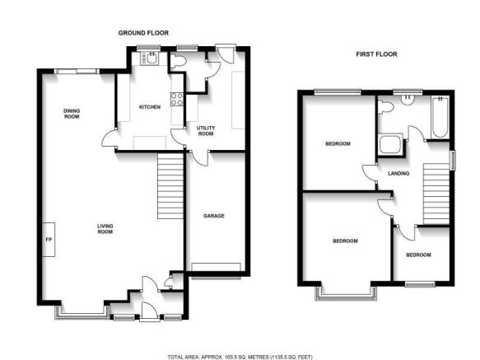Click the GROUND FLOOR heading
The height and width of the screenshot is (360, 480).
[x=143, y=33]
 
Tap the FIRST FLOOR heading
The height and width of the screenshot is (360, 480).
[x=376, y=54]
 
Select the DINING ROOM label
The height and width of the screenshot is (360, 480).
[x=72, y=114]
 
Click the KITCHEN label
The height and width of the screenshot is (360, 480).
[x=150, y=107]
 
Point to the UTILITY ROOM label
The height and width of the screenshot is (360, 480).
[x=206, y=131]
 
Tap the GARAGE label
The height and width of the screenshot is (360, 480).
[x=214, y=216]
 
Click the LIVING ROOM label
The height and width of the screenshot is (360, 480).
[x=105, y=229]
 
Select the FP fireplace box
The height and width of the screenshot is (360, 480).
[x=49, y=240]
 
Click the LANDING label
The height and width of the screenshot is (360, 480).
[x=398, y=174]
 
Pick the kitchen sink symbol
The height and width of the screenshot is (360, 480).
[x=149, y=58]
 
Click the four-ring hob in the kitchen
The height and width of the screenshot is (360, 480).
[x=177, y=99]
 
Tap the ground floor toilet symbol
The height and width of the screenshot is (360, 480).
[x=178, y=61]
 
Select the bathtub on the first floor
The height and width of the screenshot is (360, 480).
[x=440, y=117]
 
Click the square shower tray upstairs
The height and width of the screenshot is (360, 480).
[x=390, y=144]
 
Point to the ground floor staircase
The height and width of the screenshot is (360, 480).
[x=170, y=186]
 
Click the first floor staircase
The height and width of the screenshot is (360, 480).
[x=436, y=194]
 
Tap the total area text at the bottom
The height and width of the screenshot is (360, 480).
[x=240, y=357]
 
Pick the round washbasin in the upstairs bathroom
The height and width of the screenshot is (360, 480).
[x=408, y=99]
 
